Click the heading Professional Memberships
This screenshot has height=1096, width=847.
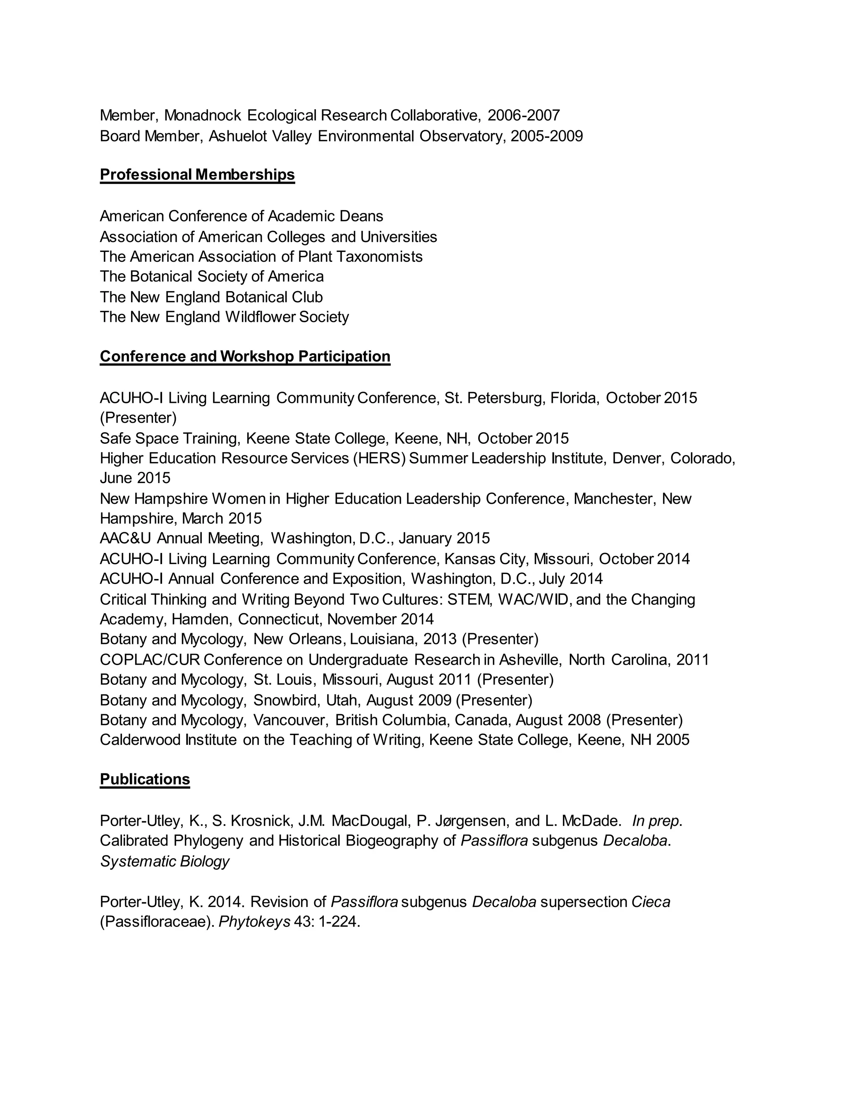[x=197, y=175]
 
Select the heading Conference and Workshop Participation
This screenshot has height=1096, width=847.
[x=245, y=356]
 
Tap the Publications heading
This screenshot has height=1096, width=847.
[x=144, y=779]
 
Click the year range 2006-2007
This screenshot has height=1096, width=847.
[x=523, y=115]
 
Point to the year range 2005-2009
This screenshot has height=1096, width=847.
[x=546, y=136]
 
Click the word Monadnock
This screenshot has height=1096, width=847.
[x=203, y=115]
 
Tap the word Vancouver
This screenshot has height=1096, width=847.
[x=291, y=720]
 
